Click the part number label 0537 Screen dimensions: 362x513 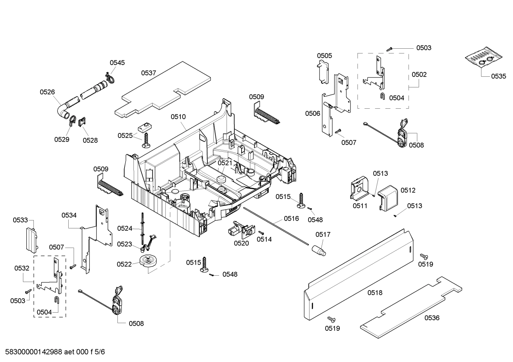[x=148, y=73]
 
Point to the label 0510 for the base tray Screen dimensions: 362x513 [x=178, y=117]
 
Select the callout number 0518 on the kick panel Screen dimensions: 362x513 [x=375, y=292]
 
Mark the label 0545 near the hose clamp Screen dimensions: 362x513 [x=117, y=63]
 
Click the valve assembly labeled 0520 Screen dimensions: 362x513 [x=239, y=229]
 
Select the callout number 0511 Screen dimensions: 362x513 [x=360, y=206]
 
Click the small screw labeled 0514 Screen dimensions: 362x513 [x=260, y=232]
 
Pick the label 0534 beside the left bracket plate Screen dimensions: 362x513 [x=69, y=215]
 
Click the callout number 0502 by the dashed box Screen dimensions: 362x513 [x=419, y=75]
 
